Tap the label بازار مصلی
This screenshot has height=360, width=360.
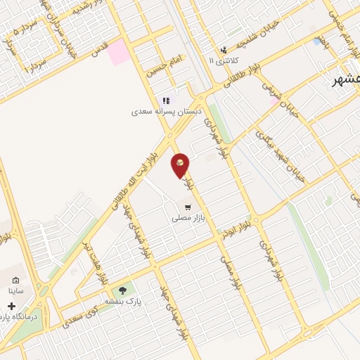[x=188, y=219]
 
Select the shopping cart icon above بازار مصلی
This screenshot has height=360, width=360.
[x=188, y=207]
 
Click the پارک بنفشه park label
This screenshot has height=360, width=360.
[x=124, y=300]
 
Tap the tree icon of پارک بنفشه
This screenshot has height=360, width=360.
[x=124, y=289]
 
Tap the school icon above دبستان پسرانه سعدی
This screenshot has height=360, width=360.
[x=167, y=101]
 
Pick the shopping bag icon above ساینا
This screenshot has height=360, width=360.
[x=16, y=280]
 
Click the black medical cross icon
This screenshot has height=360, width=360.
[x=11, y=306]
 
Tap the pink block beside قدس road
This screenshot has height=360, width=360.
[x=118, y=52]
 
